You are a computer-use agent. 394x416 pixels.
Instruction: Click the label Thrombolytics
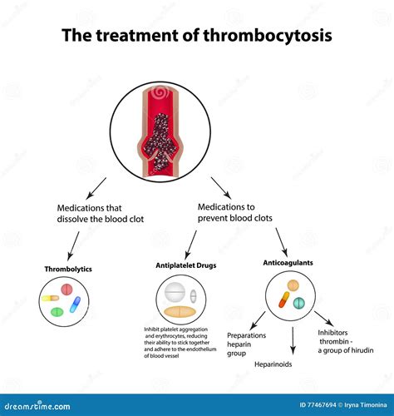[68, 269]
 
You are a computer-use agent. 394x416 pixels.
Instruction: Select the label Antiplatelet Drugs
[185, 265]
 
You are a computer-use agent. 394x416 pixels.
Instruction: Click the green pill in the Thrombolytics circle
[57, 312]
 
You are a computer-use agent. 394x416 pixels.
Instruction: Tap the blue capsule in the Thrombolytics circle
[74, 305]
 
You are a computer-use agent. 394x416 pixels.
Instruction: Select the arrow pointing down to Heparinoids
[293, 341]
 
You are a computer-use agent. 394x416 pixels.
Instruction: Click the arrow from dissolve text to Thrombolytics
[72, 245]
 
